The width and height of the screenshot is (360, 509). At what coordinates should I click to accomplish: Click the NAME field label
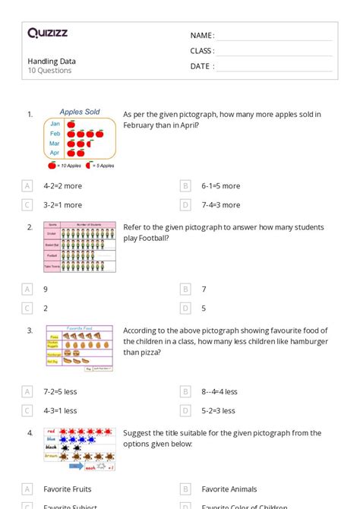202,36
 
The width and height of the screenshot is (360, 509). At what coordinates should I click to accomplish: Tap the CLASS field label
202,51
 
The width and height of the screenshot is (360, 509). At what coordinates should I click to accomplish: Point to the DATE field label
202,66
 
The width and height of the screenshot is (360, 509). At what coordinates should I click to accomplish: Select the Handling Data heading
52,61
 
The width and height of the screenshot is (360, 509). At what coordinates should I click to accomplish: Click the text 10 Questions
49,71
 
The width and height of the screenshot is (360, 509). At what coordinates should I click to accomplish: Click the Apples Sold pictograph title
80,112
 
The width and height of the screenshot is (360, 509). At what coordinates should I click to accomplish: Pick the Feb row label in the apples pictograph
55,133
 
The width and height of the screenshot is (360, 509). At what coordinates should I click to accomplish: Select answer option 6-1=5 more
220,185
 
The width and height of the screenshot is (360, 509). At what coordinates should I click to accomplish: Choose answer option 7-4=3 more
220,204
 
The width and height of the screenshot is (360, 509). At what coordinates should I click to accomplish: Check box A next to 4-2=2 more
27,185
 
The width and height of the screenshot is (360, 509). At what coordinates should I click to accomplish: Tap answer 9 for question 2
46,289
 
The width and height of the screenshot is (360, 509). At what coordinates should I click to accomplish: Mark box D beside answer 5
185,308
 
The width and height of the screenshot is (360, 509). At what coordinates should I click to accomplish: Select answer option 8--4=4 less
219,391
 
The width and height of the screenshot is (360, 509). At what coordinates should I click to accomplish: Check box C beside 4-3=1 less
27,410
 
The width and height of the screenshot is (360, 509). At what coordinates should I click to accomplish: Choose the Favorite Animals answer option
229,489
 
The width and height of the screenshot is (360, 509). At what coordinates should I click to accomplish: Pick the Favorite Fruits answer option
67,489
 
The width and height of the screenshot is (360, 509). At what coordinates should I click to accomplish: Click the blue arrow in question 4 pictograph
77,466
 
